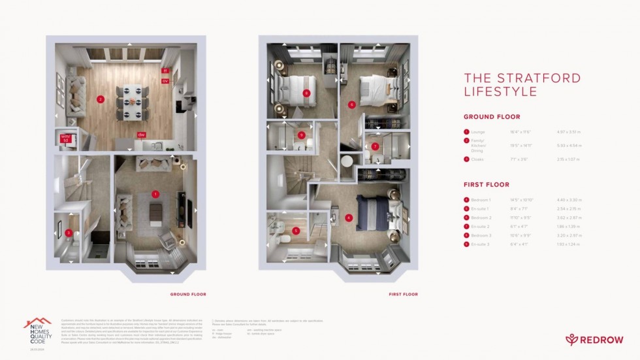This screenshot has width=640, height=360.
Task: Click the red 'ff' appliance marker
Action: point(165,71)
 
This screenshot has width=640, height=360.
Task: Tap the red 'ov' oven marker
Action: point(165,81)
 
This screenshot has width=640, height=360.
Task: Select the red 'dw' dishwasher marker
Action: point(140,135)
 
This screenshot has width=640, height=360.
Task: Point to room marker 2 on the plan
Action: point(100,99)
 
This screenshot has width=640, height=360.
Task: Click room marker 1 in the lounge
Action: point(155,193)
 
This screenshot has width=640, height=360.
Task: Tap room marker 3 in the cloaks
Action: point(68,233)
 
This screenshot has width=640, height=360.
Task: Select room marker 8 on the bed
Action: point(306,93)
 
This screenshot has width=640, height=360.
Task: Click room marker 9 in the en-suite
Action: point(301,135)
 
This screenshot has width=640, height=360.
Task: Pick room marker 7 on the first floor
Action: point(375,146)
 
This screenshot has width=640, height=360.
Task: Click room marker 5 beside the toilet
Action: point(295,230)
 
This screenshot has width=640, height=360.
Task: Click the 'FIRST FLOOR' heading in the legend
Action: point(487,185)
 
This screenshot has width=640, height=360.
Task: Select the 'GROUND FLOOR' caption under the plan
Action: point(188,295)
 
